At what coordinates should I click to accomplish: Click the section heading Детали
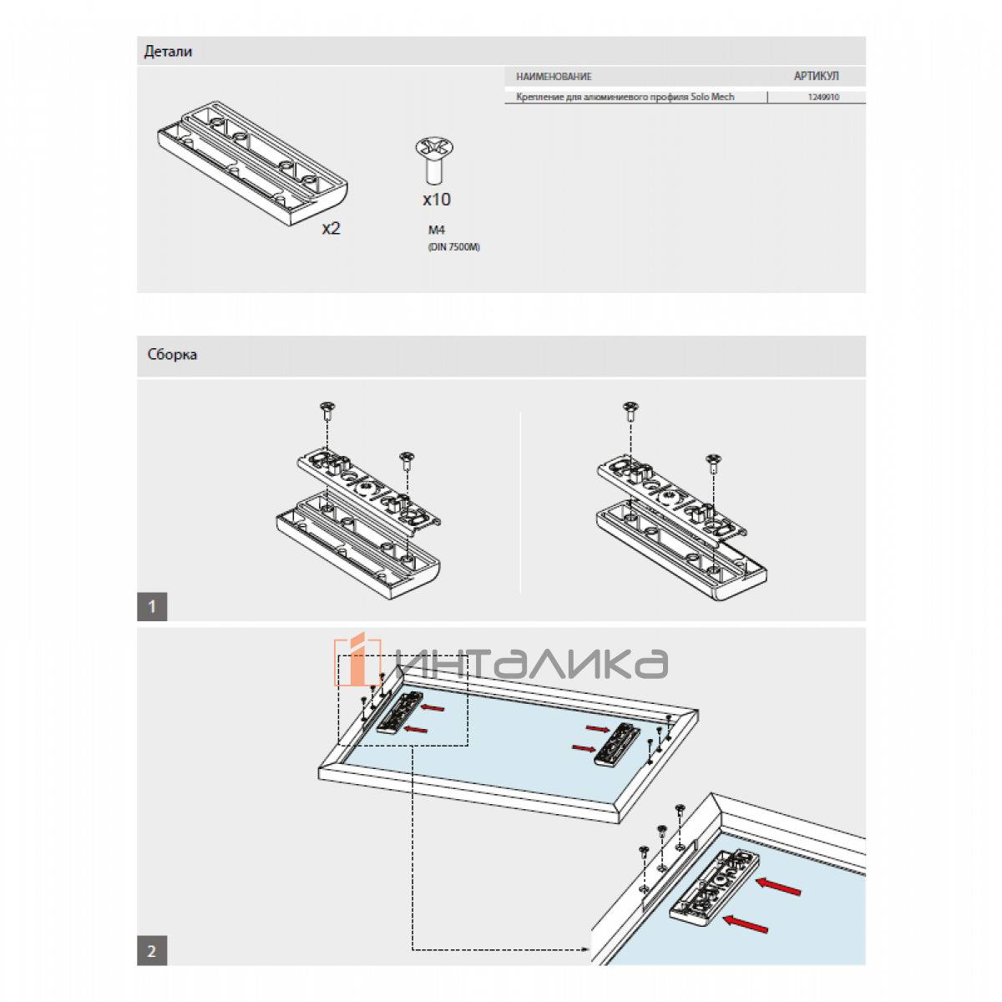click(168, 52)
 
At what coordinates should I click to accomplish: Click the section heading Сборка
click(172, 355)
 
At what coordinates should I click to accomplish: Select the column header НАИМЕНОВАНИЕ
click(554, 77)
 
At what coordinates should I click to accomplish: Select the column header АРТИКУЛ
click(816, 76)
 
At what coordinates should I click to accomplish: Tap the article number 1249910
click(823, 98)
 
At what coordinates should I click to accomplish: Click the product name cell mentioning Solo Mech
click(625, 98)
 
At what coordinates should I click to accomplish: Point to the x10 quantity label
click(436, 200)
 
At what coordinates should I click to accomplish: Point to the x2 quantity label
click(331, 228)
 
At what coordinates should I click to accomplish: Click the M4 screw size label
click(437, 230)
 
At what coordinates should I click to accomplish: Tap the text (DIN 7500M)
click(454, 247)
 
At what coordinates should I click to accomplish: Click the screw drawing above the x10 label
click(434, 159)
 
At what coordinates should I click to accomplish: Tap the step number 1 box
click(152, 606)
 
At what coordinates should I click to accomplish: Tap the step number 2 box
click(152, 950)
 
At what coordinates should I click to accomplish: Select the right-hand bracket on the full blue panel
click(618, 744)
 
